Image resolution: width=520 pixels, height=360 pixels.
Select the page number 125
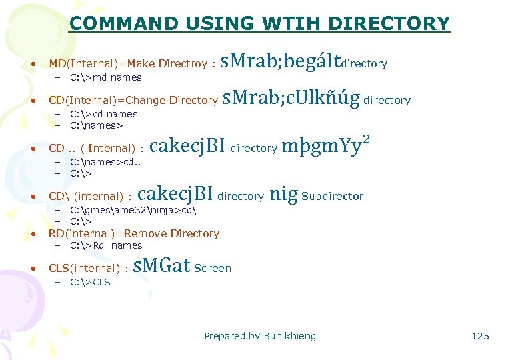coord(480,336)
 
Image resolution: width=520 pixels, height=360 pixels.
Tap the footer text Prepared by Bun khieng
coord(260,336)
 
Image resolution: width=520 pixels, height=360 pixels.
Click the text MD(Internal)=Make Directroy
coord(128,64)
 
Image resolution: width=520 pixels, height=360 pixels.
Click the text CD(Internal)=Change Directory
coord(133,101)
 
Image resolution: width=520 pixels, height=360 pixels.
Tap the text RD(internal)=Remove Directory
coord(134,233)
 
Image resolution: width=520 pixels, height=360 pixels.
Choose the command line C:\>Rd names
coord(105,245)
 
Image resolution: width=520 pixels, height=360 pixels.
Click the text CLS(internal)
coord(85,268)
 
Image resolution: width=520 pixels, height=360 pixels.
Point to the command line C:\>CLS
coord(90,282)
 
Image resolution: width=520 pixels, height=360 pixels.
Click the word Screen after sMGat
coord(213,268)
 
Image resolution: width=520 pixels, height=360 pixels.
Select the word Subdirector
coord(333,196)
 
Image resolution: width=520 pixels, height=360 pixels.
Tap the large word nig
coord(283,195)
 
